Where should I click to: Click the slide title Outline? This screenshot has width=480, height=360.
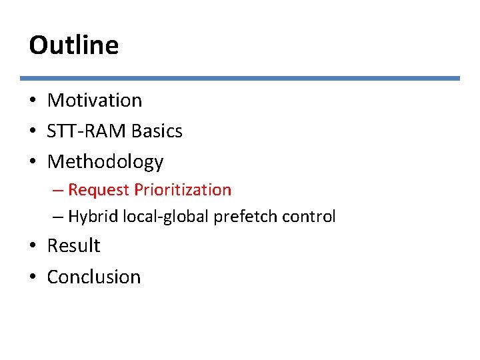[x=74, y=45]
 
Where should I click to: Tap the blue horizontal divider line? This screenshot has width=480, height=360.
[x=240, y=78]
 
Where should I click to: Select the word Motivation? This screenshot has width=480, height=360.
[x=95, y=101]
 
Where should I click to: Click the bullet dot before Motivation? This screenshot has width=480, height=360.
[x=33, y=101]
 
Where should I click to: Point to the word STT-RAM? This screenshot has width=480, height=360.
[x=87, y=131]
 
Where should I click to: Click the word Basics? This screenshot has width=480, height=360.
[x=157, y=131]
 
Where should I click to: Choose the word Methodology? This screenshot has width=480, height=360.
[x=105, y=162]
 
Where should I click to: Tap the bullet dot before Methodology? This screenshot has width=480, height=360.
[x=33, y=163]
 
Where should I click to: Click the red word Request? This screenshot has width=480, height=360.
[x=99, y=190]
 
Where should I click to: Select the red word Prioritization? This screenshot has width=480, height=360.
[x=183, y=190]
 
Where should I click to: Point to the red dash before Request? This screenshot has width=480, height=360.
[x=58, y=191]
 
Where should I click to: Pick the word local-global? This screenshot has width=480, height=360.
[x=163, y=217]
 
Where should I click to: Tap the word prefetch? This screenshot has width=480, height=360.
[x=238, y=217]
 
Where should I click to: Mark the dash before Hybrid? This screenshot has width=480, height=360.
[x=58, y=217]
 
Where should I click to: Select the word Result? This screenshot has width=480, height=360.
[x=73, y=246]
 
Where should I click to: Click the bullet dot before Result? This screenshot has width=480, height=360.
[x=33, y=247]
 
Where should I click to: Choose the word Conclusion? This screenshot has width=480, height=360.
[x=94, y=277]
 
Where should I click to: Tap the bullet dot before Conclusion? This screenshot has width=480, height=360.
[x=33, y=277]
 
